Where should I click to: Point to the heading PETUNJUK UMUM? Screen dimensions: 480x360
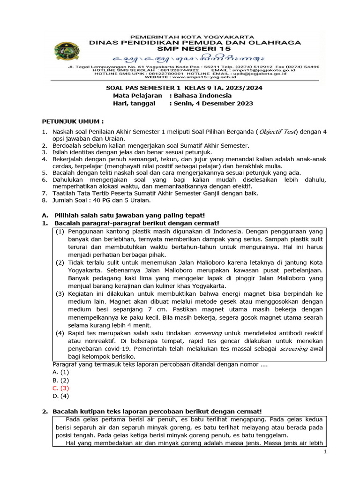(x=73, y=121)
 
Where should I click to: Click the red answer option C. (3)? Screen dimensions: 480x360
(x=61, y=388)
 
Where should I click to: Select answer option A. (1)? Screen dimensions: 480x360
(x=61, y=372)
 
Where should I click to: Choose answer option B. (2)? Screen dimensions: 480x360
(x=61, y=380)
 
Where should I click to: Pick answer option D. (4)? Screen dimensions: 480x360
(x=61, y=396)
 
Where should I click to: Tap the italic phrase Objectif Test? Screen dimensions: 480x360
(x=279, y=132)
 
